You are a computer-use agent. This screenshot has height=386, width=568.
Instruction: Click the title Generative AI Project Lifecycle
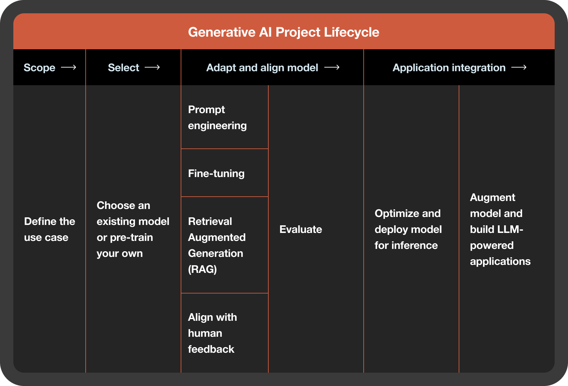pos(283,32)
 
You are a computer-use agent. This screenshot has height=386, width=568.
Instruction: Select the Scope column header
pos(39,68)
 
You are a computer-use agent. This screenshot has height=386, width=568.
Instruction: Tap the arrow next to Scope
pos(69,68)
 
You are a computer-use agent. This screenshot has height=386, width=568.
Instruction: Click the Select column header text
pos(123,68)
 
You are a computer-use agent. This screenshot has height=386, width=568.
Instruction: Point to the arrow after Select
pos(152,68)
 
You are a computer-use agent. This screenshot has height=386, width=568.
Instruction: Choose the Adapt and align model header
pos(262,68)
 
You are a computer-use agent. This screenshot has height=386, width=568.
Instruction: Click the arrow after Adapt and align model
pos(332,68)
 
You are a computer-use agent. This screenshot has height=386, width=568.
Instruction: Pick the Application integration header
pos(449,68)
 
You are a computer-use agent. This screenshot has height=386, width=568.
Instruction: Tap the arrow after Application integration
pos(519,68)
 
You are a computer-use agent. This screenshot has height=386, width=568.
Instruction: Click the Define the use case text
pos(49,229)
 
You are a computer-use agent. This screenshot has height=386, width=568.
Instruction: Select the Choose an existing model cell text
pos(133,229)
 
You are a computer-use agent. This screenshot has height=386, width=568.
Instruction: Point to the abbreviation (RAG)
pos(202,269)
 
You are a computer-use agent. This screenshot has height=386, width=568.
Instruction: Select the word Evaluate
pos(301,229)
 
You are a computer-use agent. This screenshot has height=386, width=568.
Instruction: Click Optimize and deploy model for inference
pos(408,229)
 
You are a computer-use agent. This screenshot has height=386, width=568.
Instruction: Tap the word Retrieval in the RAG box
pos(210,221)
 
